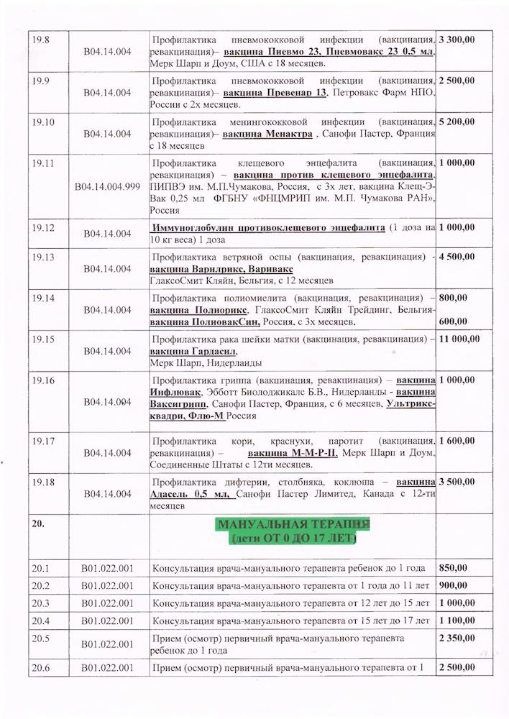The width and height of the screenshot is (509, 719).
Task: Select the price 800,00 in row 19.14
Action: [453, 297]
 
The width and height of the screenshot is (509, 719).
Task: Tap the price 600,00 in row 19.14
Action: [453, 321]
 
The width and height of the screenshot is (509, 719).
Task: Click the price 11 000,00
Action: [459, 338]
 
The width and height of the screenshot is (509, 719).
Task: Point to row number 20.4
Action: [40, 620]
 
